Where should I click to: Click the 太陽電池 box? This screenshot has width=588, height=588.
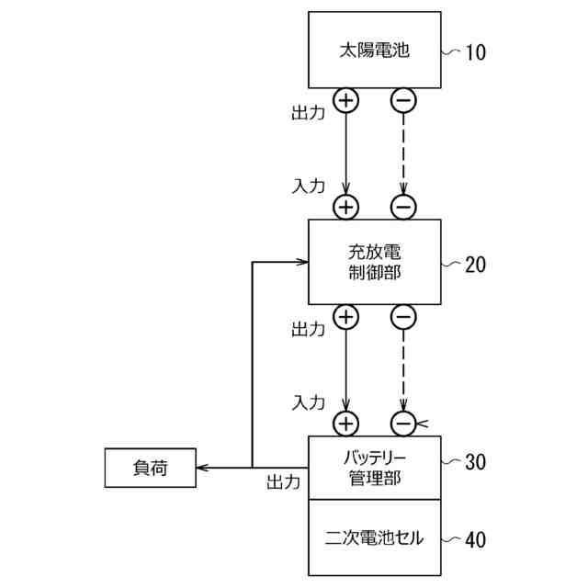[x=374, y=51]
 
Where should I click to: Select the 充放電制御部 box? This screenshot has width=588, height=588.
[x=374, y=262]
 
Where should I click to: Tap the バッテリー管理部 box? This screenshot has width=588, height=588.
[x=374, y=468]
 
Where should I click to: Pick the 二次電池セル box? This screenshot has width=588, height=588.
[x=374, y=537]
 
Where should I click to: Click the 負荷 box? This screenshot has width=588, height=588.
[x=150, y=469]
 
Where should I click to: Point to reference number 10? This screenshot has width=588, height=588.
[x=475, y=52]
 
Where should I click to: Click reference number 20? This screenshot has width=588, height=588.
[x=475, y=265]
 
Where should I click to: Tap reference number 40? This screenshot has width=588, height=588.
[x=475, y=540]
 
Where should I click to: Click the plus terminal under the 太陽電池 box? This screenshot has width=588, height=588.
[x=345, y=99]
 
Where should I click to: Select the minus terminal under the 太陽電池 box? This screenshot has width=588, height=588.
[x=403, y=99]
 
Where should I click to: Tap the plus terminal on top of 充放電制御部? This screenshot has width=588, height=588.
[x=345, y=208]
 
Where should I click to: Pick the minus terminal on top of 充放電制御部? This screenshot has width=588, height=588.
[x=403, y=208]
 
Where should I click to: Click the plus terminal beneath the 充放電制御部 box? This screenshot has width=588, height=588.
[x=345, y=317]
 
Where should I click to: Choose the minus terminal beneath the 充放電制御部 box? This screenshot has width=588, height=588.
[x=403, y=317]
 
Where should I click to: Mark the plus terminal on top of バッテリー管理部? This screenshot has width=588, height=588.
[x=345, y=424]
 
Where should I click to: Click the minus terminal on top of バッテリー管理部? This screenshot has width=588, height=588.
[x=403, y=424]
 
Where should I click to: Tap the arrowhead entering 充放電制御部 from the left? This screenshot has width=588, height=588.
[x=301, y=263]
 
